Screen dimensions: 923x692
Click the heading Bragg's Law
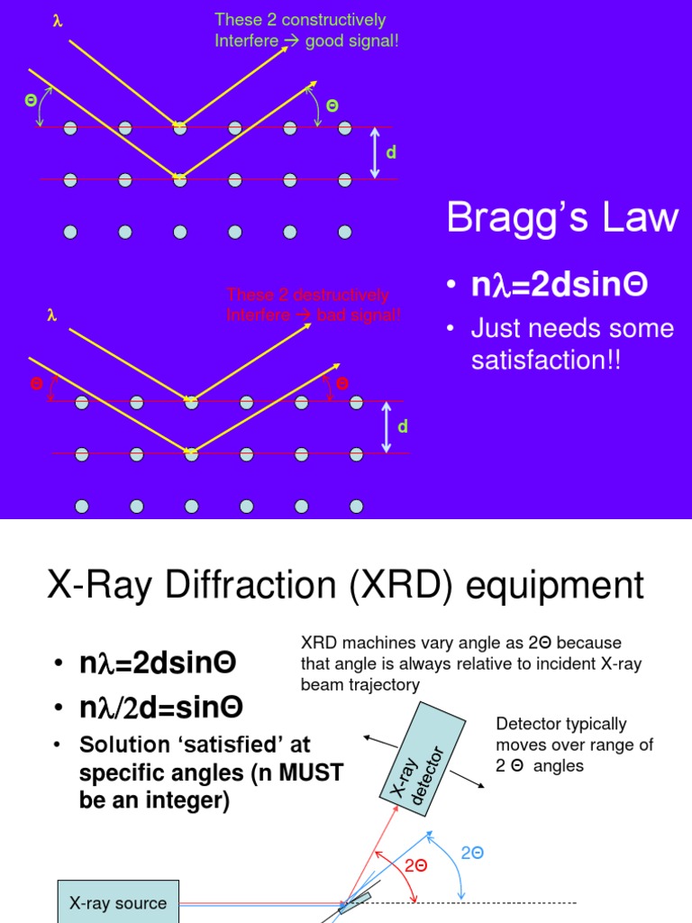click(562, 219)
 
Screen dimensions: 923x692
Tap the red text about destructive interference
click(314, 305)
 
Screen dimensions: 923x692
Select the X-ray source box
click(118, 902)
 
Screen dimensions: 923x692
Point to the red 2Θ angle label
click(415, 864)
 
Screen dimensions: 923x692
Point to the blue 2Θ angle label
click(472, 852)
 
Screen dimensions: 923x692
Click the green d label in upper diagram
click(391, 152)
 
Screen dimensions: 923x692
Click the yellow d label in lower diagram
click(403, 426)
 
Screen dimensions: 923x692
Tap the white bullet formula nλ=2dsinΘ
click(559, 285)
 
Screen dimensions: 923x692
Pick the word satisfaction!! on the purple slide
click(546, 361)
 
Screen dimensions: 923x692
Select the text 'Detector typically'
click(561, 724)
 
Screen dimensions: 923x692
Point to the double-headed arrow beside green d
click(376, 153)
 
